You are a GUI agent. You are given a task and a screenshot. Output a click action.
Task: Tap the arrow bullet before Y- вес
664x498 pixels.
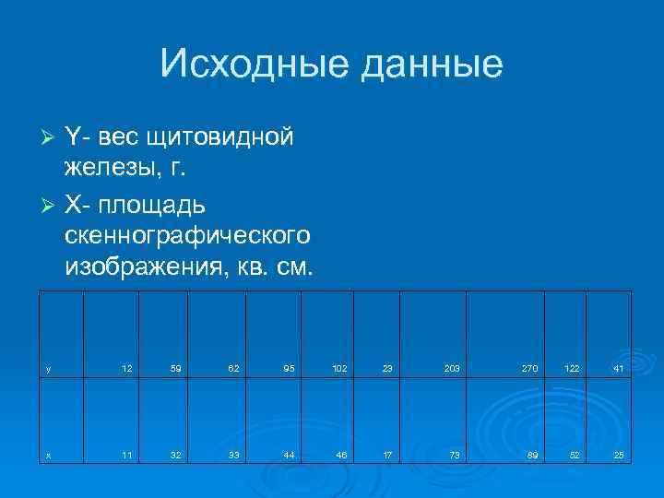coord(51,137)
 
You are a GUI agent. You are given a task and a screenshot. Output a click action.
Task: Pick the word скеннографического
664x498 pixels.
coord(187,236)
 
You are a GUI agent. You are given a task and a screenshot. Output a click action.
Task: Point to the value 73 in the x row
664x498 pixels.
coord(454,455)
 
